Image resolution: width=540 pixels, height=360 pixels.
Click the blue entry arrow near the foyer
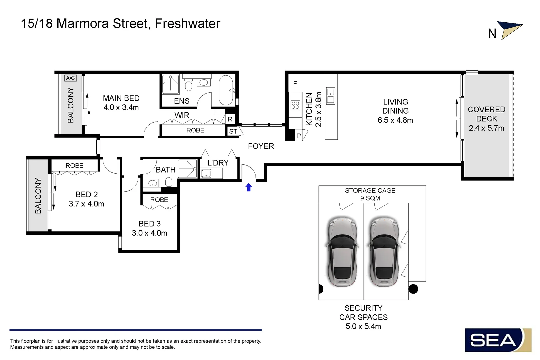pos(249,188)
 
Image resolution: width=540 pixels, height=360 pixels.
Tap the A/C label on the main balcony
pos(70,78)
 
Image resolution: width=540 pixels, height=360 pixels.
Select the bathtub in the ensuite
pos(226,90)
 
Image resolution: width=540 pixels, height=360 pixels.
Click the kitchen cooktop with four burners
pos(295,105)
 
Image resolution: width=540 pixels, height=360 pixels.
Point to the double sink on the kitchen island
pos(331,96)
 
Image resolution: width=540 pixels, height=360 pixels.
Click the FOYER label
pos(261,146)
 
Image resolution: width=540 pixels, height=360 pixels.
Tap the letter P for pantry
pos(299,136)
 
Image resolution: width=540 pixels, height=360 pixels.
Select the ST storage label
pos(233,131)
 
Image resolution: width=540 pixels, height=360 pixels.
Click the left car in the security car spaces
pos(342,252)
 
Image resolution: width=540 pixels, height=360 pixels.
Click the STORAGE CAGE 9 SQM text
pos(370,194)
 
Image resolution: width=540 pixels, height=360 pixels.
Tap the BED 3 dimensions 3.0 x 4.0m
pos(149,233)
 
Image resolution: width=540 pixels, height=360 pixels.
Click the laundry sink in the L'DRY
pos(206,173)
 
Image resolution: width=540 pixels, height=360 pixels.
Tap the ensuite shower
pos(170,84)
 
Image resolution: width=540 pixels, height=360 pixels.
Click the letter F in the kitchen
pos(295,83)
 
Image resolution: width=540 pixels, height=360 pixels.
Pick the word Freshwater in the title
pos(188,24)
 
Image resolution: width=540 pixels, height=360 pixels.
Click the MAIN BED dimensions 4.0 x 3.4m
pos(121,107)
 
